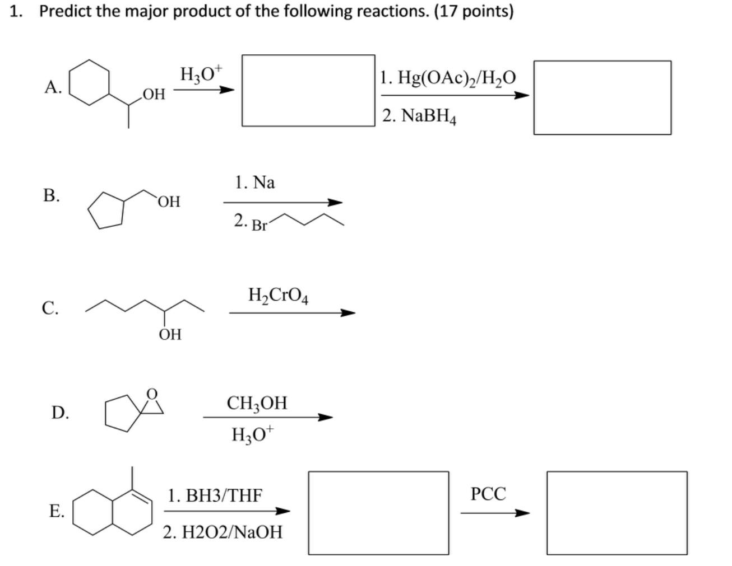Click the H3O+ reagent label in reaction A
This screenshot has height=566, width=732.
201,74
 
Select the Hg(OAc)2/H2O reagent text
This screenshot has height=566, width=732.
448,77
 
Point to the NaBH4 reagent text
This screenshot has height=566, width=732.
420,116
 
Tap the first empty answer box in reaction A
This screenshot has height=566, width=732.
308,90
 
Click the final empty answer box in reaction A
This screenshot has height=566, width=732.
602,97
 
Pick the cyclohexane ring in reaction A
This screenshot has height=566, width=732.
89,82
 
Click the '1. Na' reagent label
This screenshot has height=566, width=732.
255,183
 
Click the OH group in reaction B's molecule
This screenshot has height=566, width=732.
169,202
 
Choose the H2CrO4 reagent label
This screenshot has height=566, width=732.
278,294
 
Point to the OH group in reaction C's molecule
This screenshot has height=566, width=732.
170,335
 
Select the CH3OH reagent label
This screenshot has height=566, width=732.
257,403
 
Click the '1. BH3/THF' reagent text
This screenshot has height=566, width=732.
215,495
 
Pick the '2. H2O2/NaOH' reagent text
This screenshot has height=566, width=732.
223,531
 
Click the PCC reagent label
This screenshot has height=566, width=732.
488,494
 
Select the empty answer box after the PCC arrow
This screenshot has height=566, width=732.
617,513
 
